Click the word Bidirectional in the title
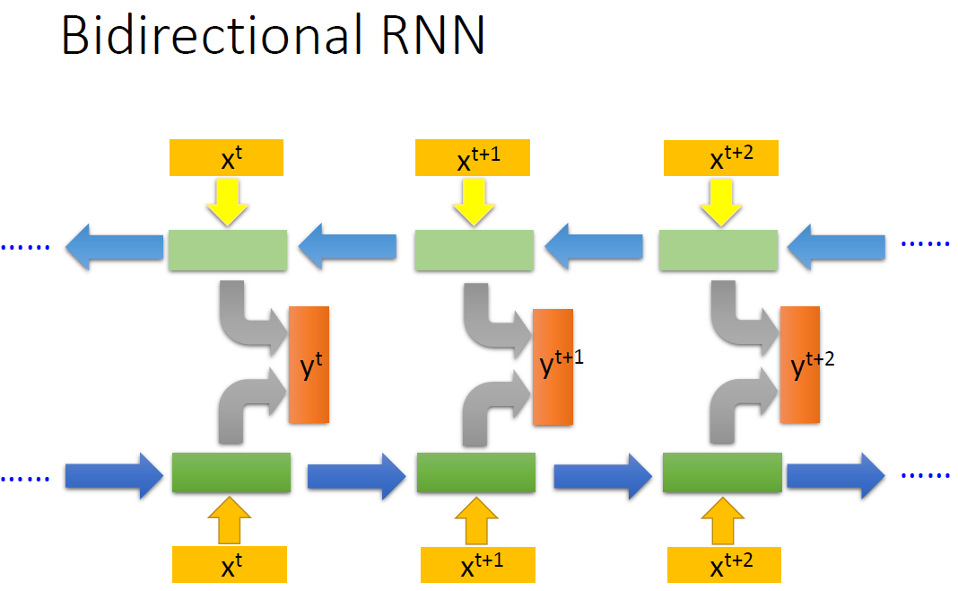pos(205,38)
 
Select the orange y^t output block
pos(309,365)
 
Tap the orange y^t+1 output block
pos(553,366)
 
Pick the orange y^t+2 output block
pos(799,365)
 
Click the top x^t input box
pos(226,158)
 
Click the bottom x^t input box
pos(230,565)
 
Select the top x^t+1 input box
pos(473,158)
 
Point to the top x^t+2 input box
pos(720,158)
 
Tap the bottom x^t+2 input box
pos(724,565)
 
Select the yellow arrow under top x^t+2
pos(720,199)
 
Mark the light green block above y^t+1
pos(474,251)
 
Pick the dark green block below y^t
pos(231,472)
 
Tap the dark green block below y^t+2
pos(722,472)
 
